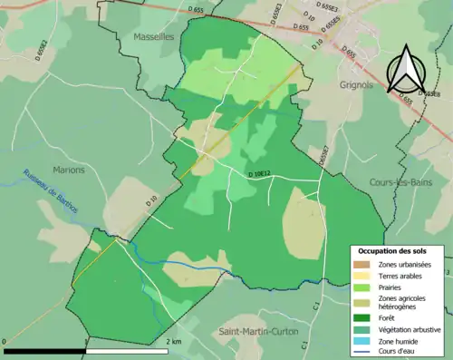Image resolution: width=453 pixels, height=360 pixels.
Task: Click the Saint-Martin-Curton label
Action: point(258,332)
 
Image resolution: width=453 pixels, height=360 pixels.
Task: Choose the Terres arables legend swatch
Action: point(361,275)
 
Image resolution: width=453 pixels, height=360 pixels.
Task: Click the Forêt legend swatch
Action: point(361,317)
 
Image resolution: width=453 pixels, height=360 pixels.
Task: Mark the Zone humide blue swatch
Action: point(361,340)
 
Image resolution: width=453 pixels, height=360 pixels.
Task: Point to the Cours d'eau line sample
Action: point(361,351)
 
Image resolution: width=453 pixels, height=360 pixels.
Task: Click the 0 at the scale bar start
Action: point(5,341)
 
